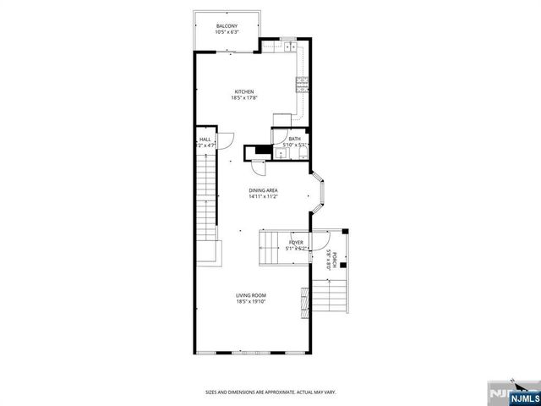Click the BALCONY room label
[227, 26]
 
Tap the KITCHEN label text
[244, 91]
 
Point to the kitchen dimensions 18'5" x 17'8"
[244, 98]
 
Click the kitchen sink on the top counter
[288, 46]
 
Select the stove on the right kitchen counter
[301, 83]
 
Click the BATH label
[294, 139]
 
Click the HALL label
[205, 140]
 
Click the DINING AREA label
[263, 190]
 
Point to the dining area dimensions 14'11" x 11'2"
[263, 197]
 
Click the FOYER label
[296, 242]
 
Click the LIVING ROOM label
[251, 294]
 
